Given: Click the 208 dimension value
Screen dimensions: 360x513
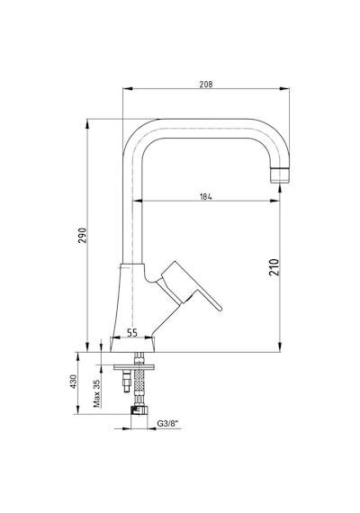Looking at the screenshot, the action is (206, 84).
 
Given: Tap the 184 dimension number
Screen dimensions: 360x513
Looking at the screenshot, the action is (206, 196).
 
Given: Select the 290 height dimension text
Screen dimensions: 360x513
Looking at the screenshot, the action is (82, 235).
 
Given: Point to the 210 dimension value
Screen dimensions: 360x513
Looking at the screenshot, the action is (274, 267).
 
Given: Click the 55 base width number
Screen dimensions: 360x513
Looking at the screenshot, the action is (132, 333).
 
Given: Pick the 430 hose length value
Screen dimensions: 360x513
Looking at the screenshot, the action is (73, 382).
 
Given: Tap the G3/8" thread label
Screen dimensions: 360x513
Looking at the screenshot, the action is (168, 423).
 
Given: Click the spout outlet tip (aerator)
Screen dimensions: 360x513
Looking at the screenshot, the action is (280, 175).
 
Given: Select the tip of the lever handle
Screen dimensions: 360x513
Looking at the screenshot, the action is (220, 308).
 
